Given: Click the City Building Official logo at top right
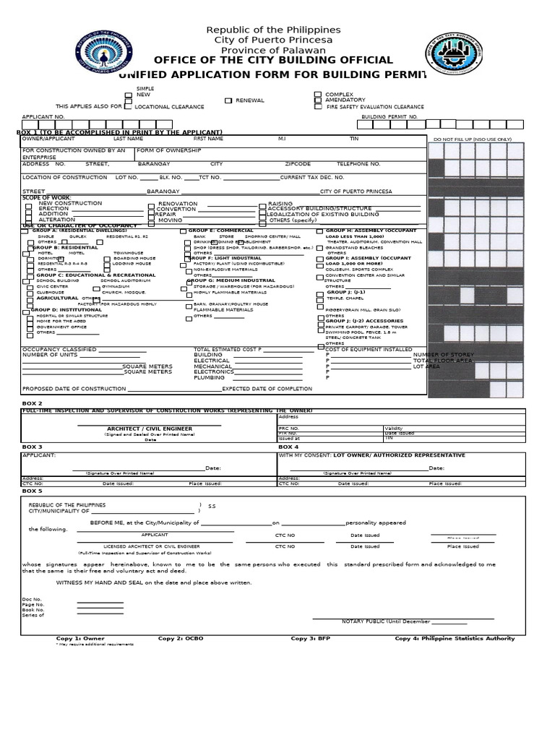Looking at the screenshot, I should coord(457,51).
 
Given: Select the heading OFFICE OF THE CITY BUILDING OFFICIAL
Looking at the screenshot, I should coord(274,61).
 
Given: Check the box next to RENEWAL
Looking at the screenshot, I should coord(228,100).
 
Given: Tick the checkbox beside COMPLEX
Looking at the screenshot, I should coord(318,95).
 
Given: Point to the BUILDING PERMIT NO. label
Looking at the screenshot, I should coord(390,116).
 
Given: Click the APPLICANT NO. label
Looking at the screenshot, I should coord(43,116).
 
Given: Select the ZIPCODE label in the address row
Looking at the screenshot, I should coord(298,164).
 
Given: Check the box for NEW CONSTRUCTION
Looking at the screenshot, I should coord(29,205).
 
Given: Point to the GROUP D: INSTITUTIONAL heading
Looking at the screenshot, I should coord(69,309).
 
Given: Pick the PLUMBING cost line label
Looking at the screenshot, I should coord(209,377).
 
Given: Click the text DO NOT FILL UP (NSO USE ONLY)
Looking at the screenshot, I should coord(473,139).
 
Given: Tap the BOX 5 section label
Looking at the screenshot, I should coord(33,491).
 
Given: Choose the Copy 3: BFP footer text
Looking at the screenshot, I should coord(310,639).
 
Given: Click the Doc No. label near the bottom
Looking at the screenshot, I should coord(32,599).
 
